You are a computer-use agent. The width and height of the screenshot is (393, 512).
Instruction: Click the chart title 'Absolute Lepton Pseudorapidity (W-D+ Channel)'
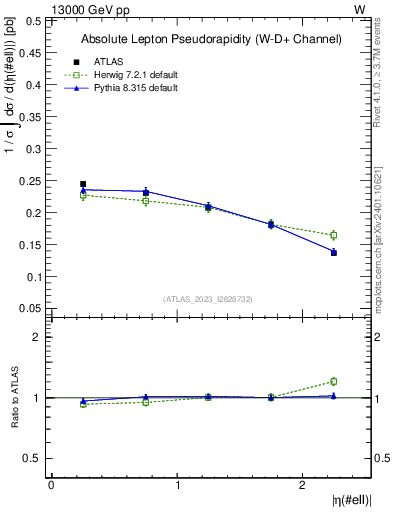[210, 39]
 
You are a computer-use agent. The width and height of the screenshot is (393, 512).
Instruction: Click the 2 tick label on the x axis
[303, 485]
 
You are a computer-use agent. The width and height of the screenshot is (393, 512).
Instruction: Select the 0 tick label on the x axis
[51, 485]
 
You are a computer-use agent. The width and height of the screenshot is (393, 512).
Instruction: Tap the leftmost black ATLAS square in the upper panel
[83, 184]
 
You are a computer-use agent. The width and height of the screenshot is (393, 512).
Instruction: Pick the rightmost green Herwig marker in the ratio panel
[334, 381]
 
